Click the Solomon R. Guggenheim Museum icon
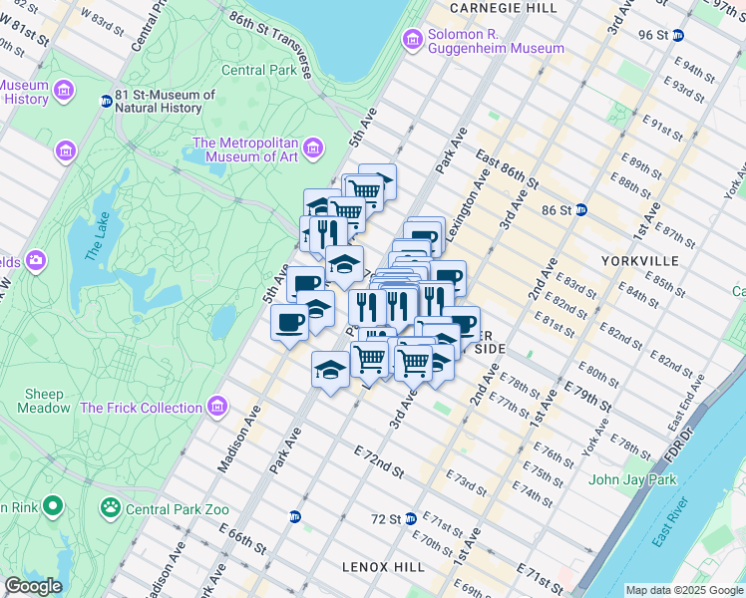coord(412,40)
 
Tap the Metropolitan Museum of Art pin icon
coord(313,149)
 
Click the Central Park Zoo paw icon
coord(108,508)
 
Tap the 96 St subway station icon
coord(678,34)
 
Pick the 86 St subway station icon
coord(580,210)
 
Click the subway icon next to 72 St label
coord(410,519)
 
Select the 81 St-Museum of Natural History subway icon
coord(106,101)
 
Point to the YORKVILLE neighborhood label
coord(639,260)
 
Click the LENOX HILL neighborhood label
coord(383,566)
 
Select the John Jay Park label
coord(631,479)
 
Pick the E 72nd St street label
coord(379,461)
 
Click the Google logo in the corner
coord(33,586)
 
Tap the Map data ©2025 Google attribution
coord(684,590)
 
